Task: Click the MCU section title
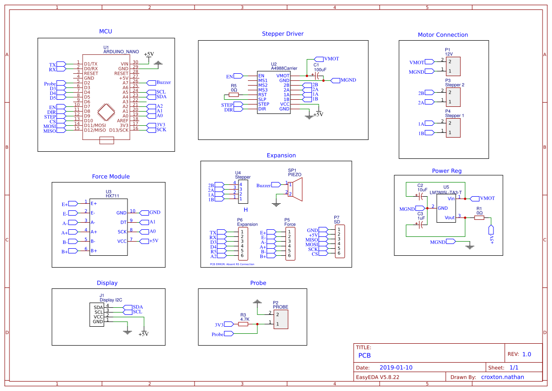105,31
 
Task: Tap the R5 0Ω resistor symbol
234,95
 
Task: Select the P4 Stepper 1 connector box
453,128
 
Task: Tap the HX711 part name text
112,196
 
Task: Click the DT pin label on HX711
123,222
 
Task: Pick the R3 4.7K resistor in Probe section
244,324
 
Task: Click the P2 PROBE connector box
280,319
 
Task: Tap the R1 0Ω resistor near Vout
479,218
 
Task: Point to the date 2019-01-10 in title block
396,367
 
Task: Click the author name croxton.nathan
502,377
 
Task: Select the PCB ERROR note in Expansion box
232,264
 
